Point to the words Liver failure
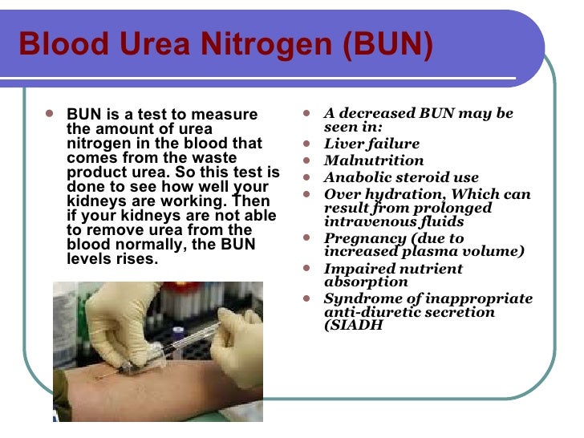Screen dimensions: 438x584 371,144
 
